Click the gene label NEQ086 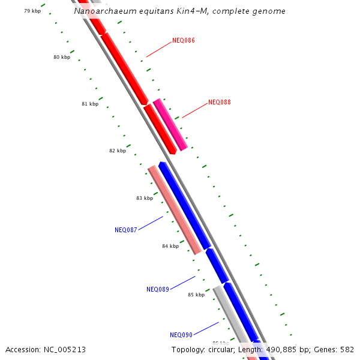pos(183,41)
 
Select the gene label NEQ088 pos(219,103)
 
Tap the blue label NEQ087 pos(126,230)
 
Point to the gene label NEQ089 pos(158,289)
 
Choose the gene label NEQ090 pos(181,335)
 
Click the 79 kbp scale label pos(32,11)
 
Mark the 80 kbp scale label pos(62,58)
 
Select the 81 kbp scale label pos(90,104)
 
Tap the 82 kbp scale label pos(118,151)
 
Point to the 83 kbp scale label pos(145,198)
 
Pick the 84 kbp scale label pos(170,246)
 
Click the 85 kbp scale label pos(196,295)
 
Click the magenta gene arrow pos(170,125)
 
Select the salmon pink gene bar pos(175,210)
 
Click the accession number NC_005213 pos(64,349)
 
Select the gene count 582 pos(347,349)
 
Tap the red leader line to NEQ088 pos(194,110)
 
